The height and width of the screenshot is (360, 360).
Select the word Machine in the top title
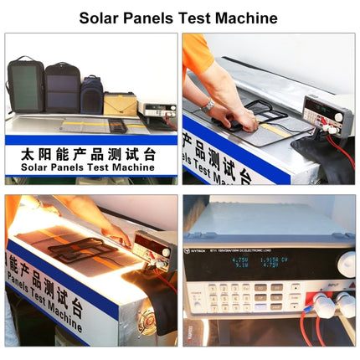245,18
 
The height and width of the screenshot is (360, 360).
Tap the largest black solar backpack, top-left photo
25,84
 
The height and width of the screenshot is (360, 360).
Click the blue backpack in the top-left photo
91,94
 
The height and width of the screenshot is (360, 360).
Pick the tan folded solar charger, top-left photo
119,103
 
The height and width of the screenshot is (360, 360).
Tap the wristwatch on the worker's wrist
207,105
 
